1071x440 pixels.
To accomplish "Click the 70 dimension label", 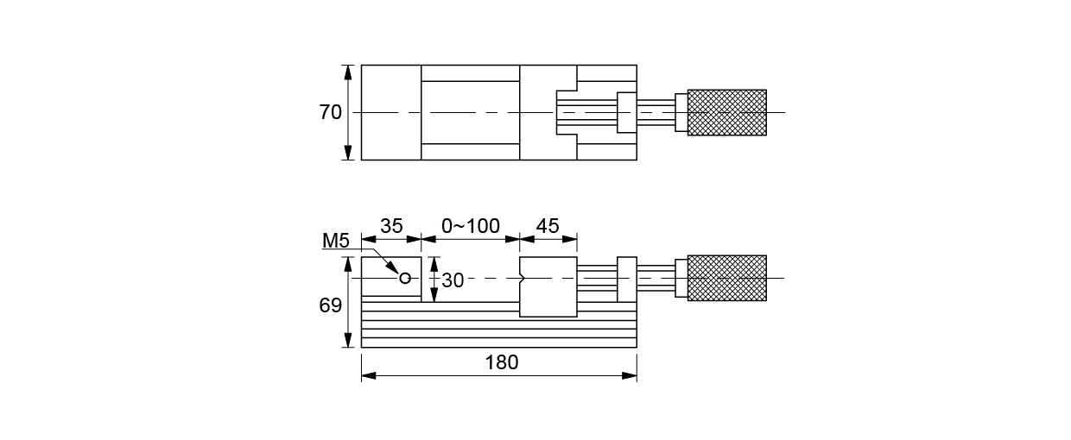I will pyautogui.click(x=330, y=112).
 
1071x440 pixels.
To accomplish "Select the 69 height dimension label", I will pyautogui.click(x=330, y=305).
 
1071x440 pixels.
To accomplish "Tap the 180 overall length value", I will pyautogui.click(x=501, y=362).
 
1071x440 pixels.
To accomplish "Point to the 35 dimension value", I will pyautogui.click(x=391, y=226).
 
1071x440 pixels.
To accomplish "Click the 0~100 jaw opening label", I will pyautogui.click(x=470, y=226).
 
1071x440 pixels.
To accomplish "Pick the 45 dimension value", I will pyautogui.click(x=548, y=226).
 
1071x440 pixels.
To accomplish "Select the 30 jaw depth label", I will pyautogui.click(x=453, y=280).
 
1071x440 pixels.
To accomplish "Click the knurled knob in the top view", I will pyautogui.click(x=726, y=112).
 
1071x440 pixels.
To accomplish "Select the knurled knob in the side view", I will pyautogui.click(x=726, y=278).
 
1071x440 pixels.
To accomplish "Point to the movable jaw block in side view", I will pyautogui.click(x=548, y=287).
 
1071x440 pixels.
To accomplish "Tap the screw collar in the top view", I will pyautogui.click(x=626, y=112).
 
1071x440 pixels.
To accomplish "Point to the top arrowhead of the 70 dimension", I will pyautogui.click(x=348, y=70).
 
